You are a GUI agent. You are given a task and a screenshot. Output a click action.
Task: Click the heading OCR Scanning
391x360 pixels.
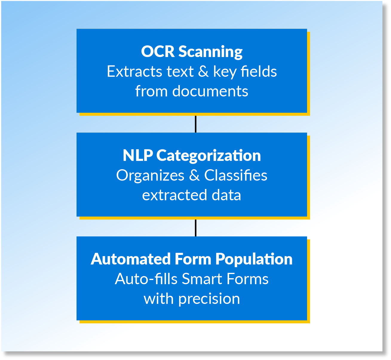[192, 51]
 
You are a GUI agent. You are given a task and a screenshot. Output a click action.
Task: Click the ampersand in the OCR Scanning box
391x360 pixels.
[203, 72]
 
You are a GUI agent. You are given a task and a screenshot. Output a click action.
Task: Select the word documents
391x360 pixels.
[210, 91]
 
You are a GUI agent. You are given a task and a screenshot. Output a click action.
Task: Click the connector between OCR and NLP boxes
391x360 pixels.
[196, 124]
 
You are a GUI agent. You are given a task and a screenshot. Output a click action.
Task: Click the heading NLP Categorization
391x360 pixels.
[192, 155]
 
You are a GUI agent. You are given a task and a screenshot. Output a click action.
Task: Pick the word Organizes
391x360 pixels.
[150, 176]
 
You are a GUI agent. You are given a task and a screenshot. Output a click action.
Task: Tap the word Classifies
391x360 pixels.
[236, 175]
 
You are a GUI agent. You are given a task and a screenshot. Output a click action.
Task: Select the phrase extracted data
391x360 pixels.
[191, 195]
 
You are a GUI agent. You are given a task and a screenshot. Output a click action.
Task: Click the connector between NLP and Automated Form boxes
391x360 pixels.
[196, 228]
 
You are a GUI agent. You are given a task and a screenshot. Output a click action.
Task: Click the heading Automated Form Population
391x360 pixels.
[191, 259]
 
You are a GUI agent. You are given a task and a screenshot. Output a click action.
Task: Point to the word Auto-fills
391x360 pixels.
[146, 279]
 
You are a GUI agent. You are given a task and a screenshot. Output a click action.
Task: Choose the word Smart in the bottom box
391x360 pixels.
[202, 279]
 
